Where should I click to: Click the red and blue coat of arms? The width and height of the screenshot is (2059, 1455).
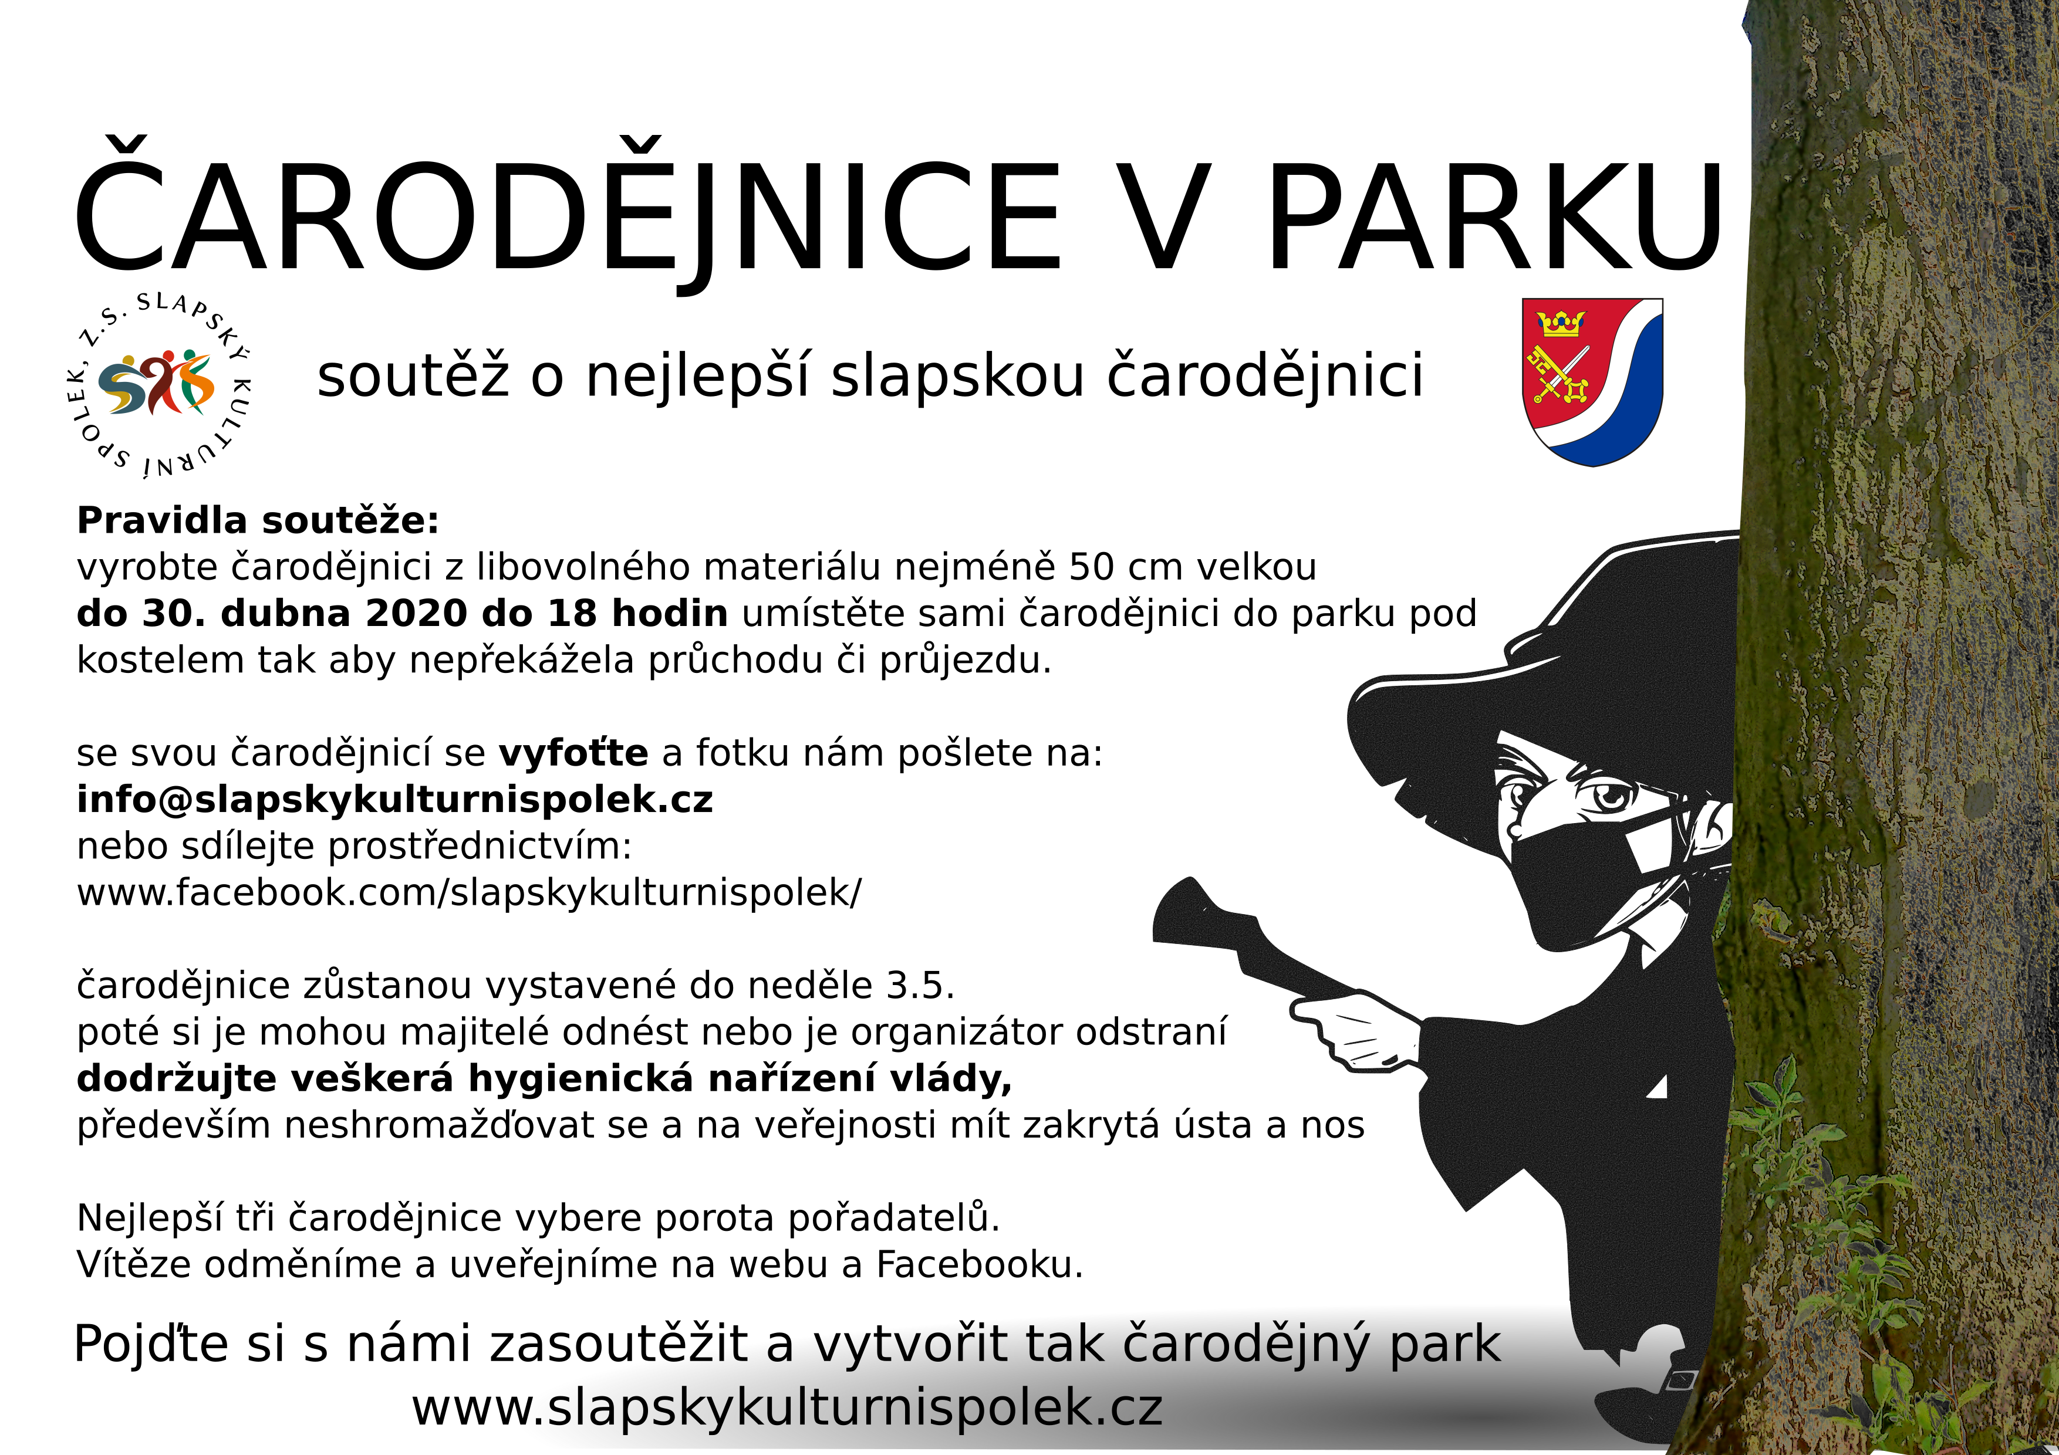coord(1593,382)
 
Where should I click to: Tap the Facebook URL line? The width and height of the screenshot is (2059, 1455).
coord(469,893)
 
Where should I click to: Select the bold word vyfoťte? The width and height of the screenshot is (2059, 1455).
coord(573,752)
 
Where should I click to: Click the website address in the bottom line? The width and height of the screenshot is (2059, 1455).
coord(787,1407)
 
